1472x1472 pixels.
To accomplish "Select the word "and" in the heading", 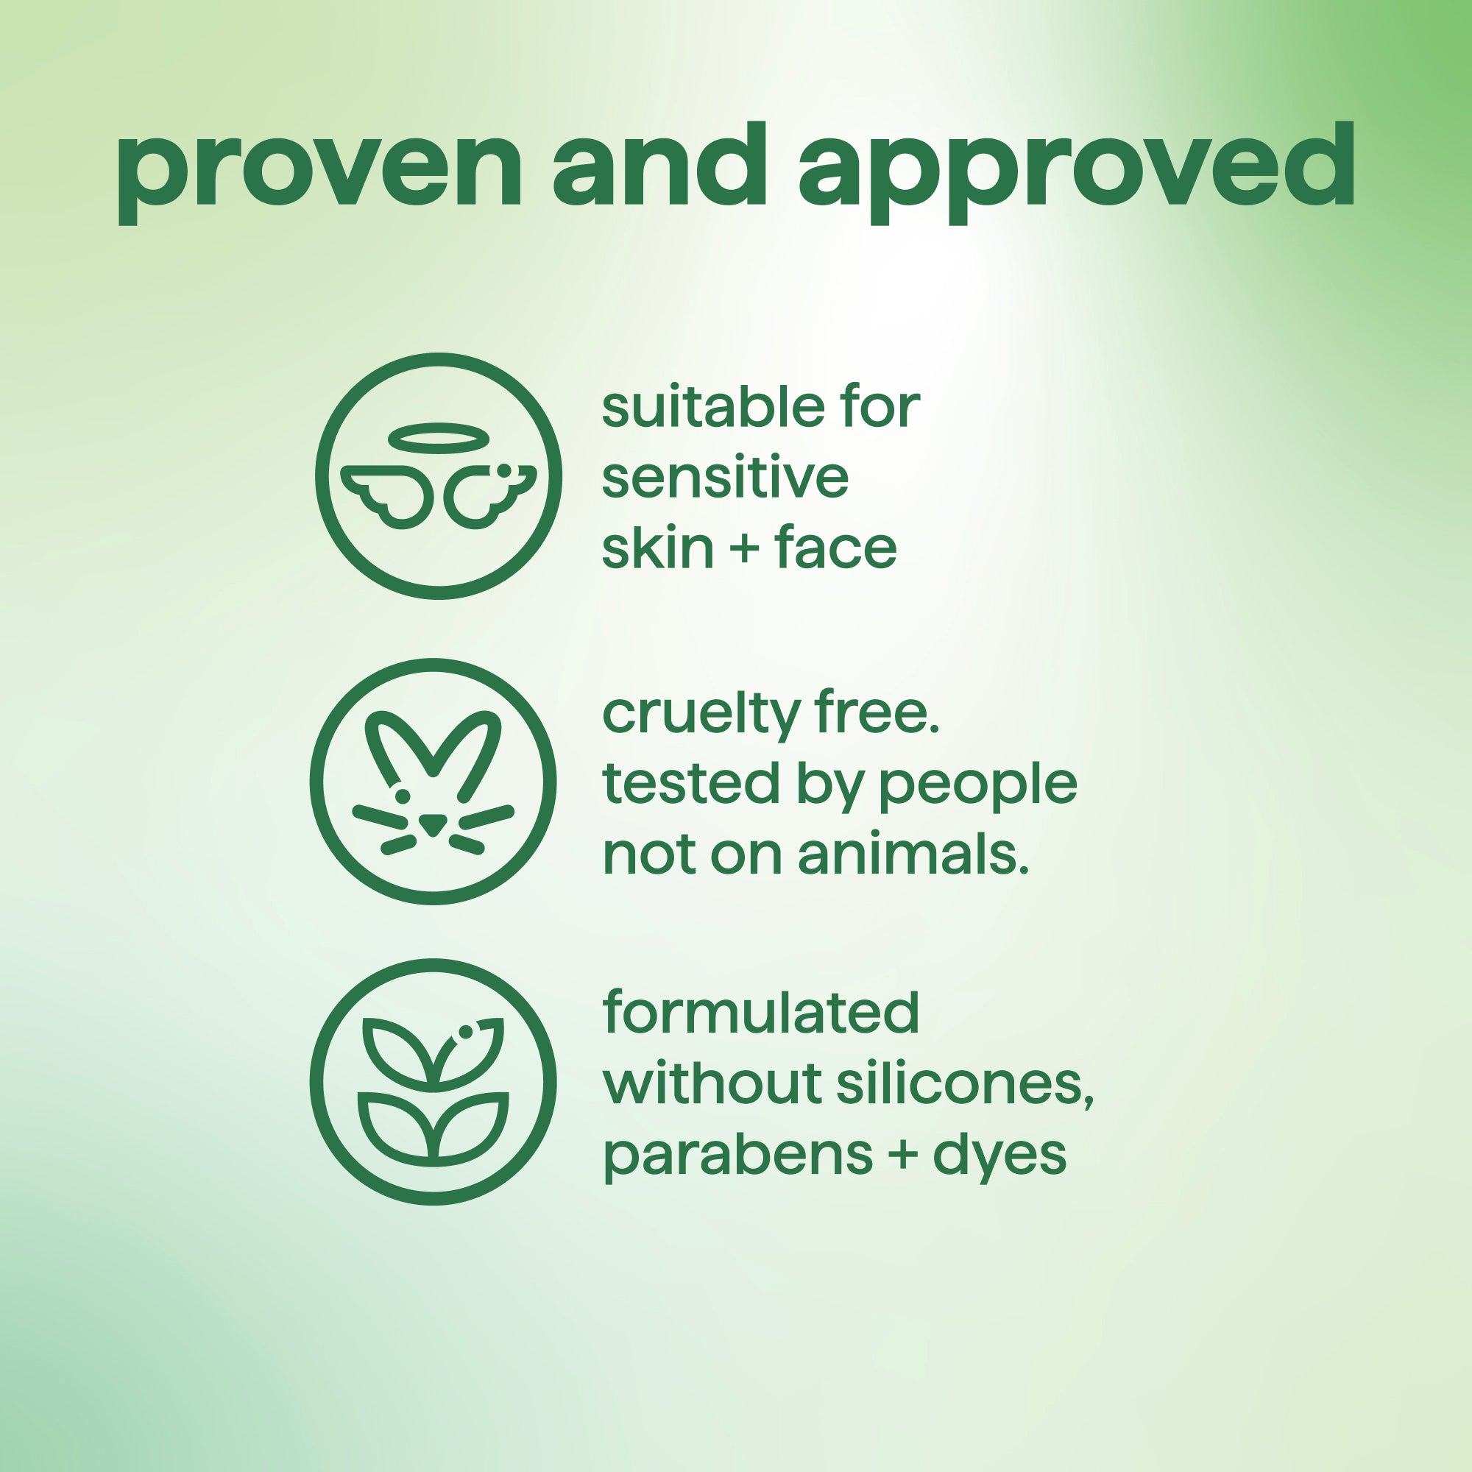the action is [x=659, y=165].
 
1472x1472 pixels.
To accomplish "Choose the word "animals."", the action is [x=913, y=854].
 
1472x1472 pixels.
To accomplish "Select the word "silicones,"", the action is [x=966, y=1083].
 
